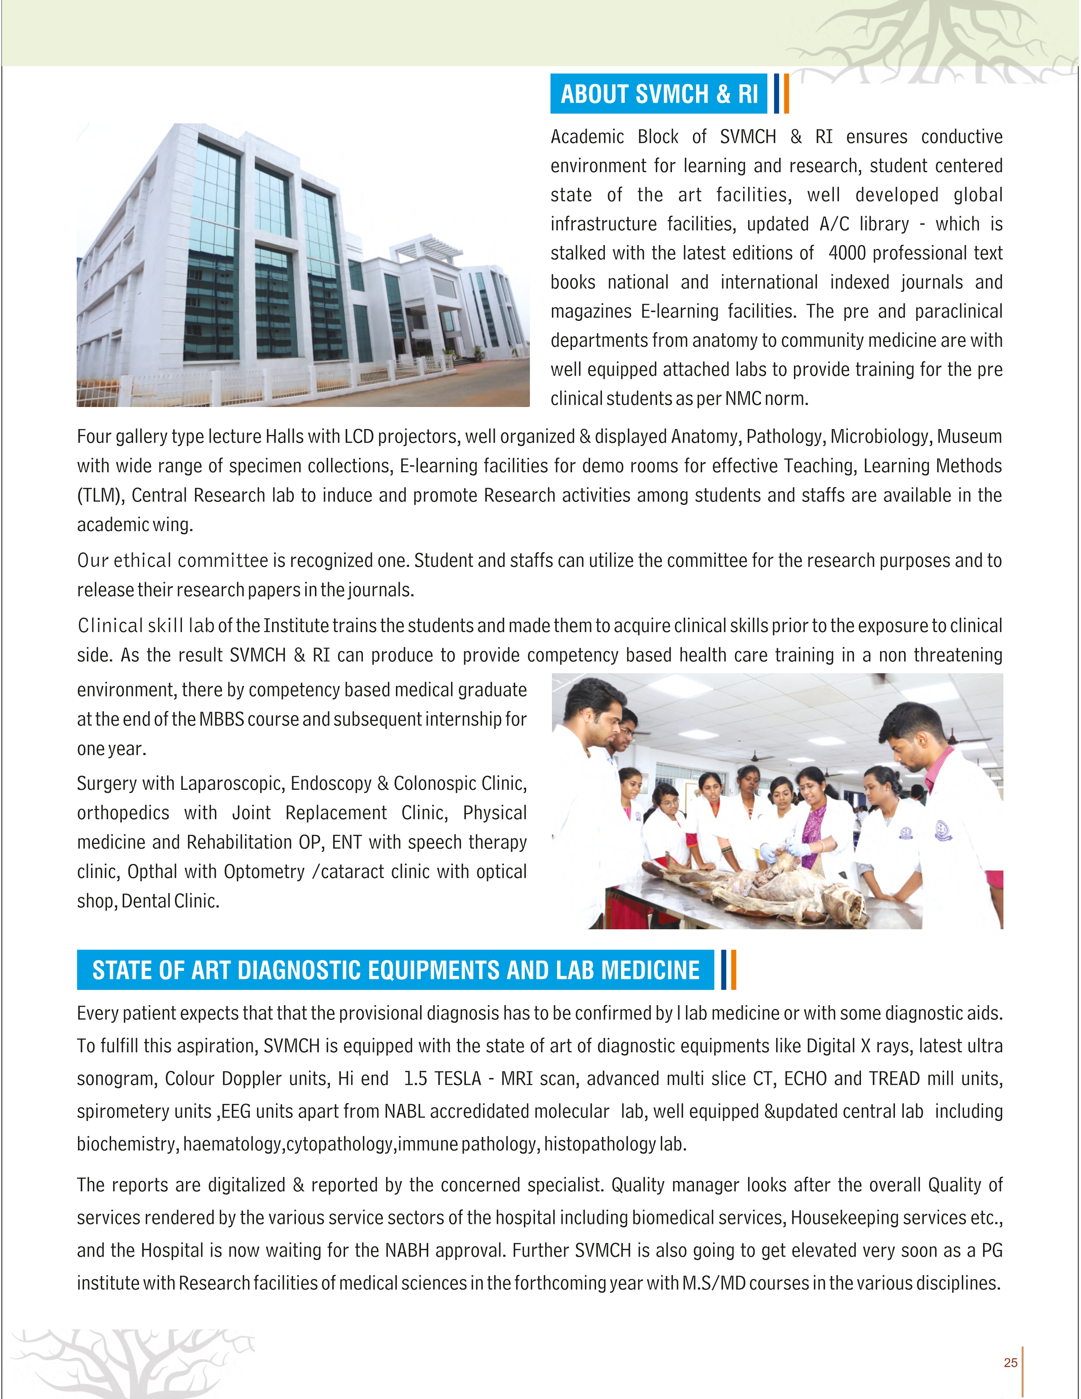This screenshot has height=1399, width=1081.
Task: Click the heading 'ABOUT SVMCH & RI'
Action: (659, 94)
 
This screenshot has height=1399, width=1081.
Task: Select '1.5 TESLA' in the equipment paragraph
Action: (442, 1079)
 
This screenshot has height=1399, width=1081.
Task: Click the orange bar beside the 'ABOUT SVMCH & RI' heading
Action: (786, 94)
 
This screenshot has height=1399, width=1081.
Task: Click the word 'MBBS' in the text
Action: (222, 719)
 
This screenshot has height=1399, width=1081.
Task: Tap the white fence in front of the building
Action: (256, 385)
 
